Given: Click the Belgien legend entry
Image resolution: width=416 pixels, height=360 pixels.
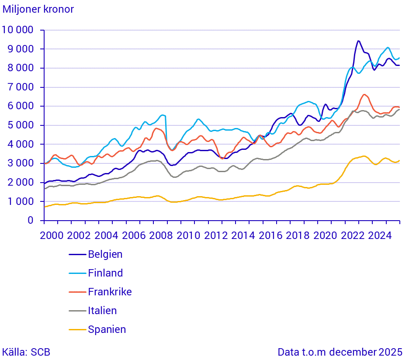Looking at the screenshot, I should pos(105,254).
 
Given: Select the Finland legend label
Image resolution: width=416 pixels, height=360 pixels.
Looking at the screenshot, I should pos(105,273).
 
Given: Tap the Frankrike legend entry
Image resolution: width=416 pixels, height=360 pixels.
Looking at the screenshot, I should pos(109,292).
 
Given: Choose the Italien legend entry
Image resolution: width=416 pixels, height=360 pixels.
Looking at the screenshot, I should pos(102,311).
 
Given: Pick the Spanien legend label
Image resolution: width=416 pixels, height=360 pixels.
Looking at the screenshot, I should pos(107,329).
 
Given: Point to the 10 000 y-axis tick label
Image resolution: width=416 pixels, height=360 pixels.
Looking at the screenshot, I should pos(18,30).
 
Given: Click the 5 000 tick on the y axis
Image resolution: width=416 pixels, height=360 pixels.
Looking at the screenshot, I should pos(21,125).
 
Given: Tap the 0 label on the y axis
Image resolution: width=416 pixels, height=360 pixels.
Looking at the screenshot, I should pos(31,221).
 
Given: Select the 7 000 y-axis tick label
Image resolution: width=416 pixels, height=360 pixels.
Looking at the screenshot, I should pos(21,87).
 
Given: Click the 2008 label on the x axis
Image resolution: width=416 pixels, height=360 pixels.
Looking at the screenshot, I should pos(161,235).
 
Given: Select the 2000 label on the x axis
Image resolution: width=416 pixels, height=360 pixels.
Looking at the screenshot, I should pos(52,235).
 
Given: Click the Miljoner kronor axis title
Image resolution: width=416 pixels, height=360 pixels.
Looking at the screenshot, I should pos(38,9).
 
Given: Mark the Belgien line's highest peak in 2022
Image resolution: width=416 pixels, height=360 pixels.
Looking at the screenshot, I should pos(358,41).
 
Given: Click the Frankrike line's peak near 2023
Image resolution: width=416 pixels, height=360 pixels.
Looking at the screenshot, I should pos(364,94).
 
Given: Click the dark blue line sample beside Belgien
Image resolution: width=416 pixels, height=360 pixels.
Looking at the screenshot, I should pos(77,254).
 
